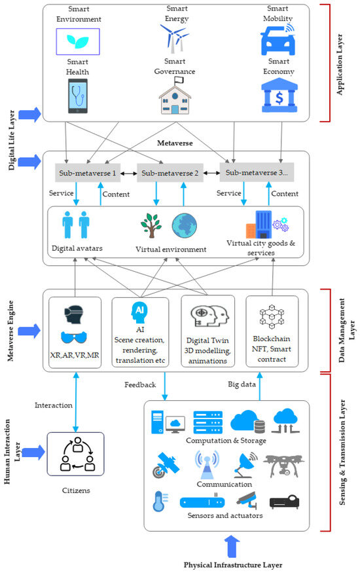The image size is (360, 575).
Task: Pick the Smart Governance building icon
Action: pos(175,97)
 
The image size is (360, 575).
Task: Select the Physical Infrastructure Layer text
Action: pos(233,565)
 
